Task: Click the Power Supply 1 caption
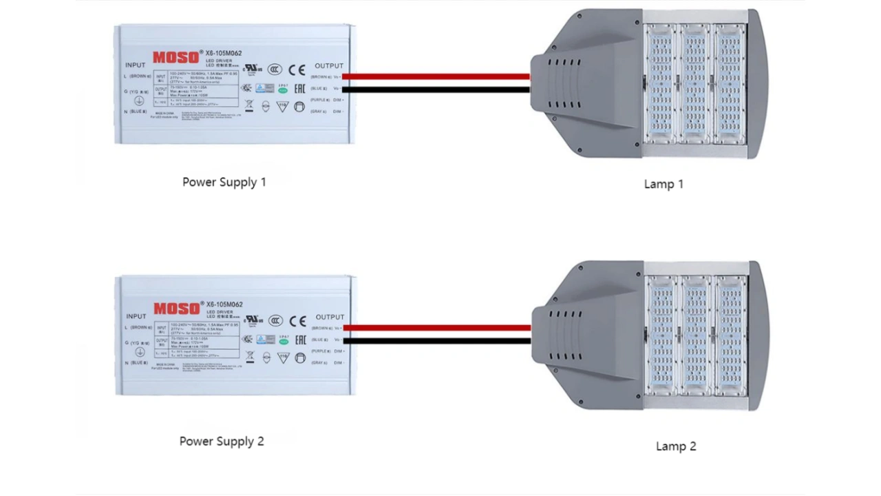pos(224,182)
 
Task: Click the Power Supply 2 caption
pos(222,441)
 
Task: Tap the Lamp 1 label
pos(664,184)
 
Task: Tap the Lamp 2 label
pos(675,446)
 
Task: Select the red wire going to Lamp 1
pos(436,76)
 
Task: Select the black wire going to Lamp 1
pos(436,89)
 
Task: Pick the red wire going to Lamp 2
pos(436,328)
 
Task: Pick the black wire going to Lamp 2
pos(436,340)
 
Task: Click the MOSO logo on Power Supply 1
pos(176,57)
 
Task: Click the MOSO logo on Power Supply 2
pos(176,309)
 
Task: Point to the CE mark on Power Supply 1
pos(297,70)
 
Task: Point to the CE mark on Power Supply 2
pos(297,321)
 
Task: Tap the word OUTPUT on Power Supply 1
pos(328,65)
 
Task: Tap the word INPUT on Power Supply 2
pos(136,316)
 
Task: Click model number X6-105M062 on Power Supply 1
pos(224,53)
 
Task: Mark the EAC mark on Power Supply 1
pos(300,89)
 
